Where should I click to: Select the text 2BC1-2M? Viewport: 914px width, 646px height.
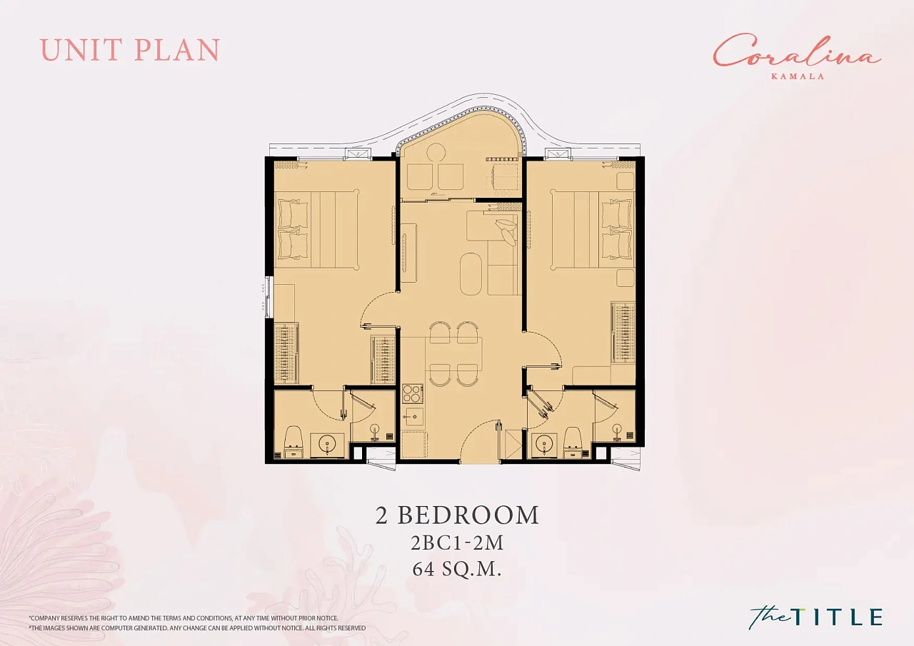click(457, 542)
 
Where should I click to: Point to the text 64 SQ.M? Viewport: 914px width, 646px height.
click(456, 570)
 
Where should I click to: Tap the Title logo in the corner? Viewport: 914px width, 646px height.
click(815, 616)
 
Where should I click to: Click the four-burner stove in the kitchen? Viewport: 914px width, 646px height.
click(413, 393)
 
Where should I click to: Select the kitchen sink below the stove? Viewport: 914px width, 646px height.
click(413, 416)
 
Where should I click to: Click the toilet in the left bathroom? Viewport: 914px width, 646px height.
click(293, 443)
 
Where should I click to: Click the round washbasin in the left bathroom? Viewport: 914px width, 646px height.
click(327, 445)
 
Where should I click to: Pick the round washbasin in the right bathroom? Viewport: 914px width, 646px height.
click(543, 444)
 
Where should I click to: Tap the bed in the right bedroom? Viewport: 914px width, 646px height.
click(593, 229)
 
